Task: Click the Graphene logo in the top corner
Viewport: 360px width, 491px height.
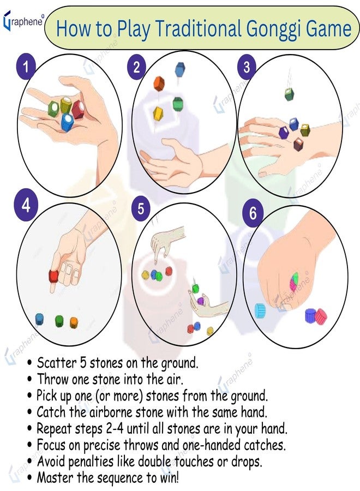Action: tap(23, 21)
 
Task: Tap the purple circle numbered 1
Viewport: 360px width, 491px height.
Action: tap(26, 67)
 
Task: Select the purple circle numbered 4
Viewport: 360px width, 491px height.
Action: tap(26, 206)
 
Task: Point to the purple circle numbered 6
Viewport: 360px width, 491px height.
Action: tap(253, 213)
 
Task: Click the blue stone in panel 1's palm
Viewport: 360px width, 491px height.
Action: tap(67, 122)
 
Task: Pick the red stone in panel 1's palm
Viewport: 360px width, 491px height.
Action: tap(78, 110)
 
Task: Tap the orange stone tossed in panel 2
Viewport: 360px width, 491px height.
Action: tap(159, 83)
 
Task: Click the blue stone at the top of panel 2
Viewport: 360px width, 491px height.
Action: tap(179, 69)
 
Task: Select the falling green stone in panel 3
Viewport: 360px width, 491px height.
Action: tap(289, 94)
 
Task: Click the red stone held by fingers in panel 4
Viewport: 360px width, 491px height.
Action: tap(54, 276)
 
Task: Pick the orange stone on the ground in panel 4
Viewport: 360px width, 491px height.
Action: tap(74, 322)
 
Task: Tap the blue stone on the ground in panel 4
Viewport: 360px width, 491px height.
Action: tap(39, 319)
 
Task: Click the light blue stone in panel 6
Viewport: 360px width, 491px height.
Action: tap(260, 310)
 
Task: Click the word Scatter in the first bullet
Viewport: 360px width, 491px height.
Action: tap(57, 363)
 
